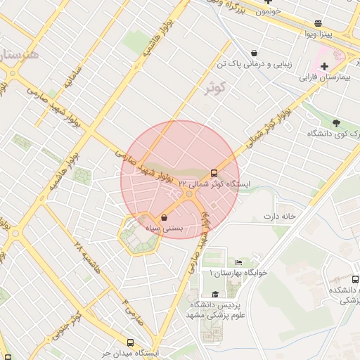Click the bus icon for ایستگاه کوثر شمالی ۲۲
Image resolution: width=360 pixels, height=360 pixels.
(214, 173)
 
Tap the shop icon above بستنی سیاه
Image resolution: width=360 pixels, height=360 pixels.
(164, 218)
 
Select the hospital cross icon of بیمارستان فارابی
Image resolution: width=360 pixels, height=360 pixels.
(324, 67)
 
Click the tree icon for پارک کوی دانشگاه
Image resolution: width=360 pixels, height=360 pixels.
(336, 122)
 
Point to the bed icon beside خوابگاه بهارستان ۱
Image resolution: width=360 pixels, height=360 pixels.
(238, 262)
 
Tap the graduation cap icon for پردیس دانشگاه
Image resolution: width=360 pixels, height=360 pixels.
(215, 295)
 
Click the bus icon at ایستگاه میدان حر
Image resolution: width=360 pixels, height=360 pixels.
(130, 342)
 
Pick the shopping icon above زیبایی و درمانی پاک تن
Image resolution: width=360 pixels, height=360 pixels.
(254, 53)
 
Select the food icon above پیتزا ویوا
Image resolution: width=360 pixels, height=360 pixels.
(319, 23)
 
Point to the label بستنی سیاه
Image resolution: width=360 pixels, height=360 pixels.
(164, 229)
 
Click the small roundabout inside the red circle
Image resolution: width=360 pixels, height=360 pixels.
(190, 193)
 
